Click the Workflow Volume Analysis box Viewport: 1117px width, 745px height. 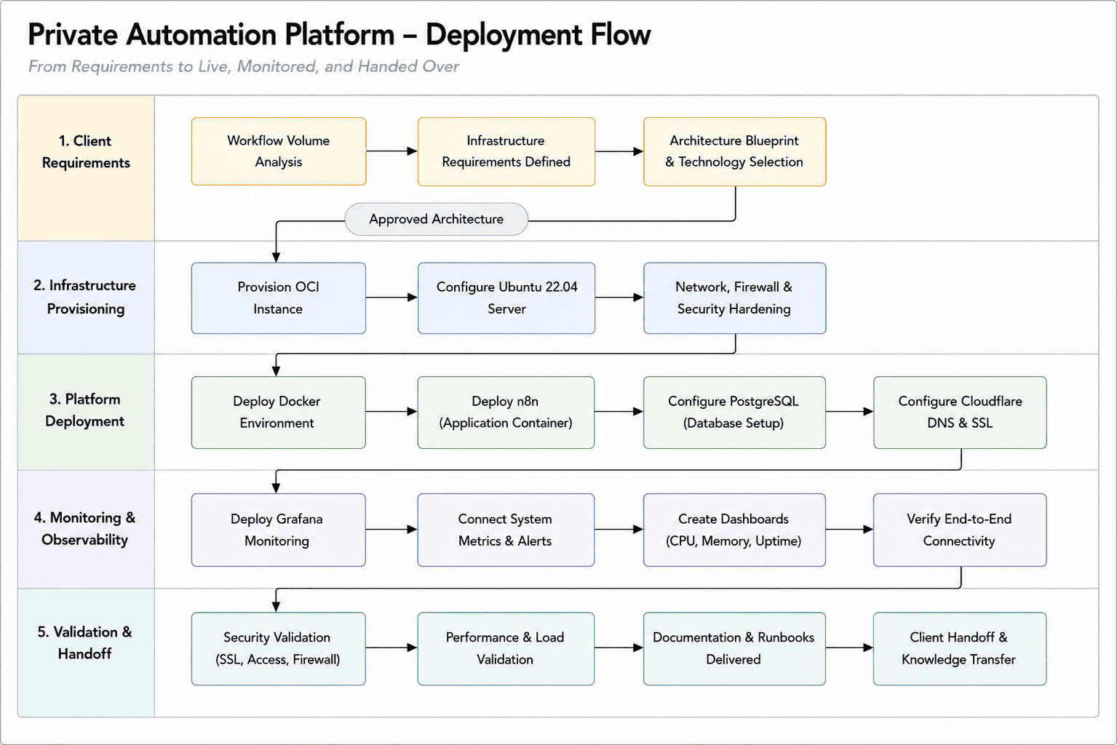(279, 151)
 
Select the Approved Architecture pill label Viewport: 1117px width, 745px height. (437, 219)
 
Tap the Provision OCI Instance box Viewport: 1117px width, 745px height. (279, 298)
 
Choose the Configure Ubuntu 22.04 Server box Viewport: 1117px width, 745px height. (506, 298)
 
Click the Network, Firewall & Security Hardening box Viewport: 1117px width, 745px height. (734, 298)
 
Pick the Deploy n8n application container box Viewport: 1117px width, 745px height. (506, 413)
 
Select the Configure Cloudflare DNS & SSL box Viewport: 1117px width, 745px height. (960, 413)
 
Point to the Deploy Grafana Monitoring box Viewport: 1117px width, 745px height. (279, 530)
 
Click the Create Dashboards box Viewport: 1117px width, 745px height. (734, 530)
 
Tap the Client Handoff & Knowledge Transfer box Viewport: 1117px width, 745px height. (960, 649)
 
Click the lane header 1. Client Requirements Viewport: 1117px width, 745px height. (86, 151)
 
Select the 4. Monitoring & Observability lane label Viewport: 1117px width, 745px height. (84, 529)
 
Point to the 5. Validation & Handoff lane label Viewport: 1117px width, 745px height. (84, 642)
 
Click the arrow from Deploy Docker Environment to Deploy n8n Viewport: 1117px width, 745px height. (391, 411)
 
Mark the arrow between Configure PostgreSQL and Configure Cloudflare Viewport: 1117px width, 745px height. (850, 411)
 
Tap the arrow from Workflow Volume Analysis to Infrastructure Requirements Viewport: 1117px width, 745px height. (392, 151)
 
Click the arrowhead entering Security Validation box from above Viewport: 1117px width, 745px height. (277, 607)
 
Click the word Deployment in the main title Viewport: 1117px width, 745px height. (503, 35)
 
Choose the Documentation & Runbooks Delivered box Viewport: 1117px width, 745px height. (734, 649)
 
